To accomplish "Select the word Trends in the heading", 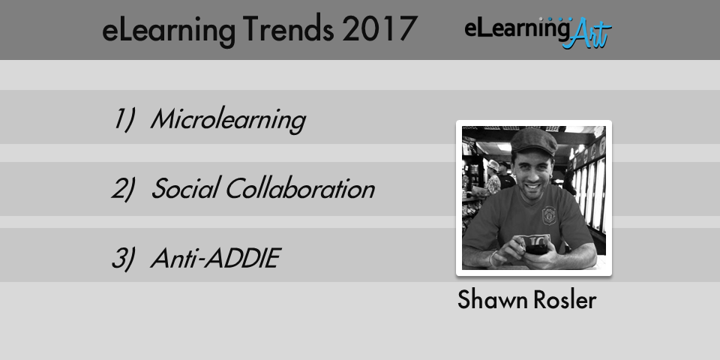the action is [x=288, y=29].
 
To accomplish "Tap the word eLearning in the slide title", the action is [x=169, y=31].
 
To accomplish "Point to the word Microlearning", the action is [x=228, y=119].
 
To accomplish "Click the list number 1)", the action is [x=124, y=119].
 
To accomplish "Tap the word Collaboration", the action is [x=300, y=188].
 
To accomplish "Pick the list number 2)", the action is [x=124, y=189].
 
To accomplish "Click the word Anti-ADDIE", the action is [x=215, y=258].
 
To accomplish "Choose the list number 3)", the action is [x=124, y=258].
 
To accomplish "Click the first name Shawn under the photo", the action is [x=493, y=300].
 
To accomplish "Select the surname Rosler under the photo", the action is [x=565, y=300].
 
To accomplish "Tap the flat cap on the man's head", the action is [x=533, y=140].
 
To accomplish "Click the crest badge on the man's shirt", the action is [x=549, y=215].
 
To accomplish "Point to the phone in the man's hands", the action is [x=536, y=249].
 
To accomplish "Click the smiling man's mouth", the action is [x=533, y=187].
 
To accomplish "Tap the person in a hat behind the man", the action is [x=493, y=178].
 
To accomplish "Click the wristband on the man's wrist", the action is [x=493, y=258].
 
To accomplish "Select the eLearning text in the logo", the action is [x=517, y=29].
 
